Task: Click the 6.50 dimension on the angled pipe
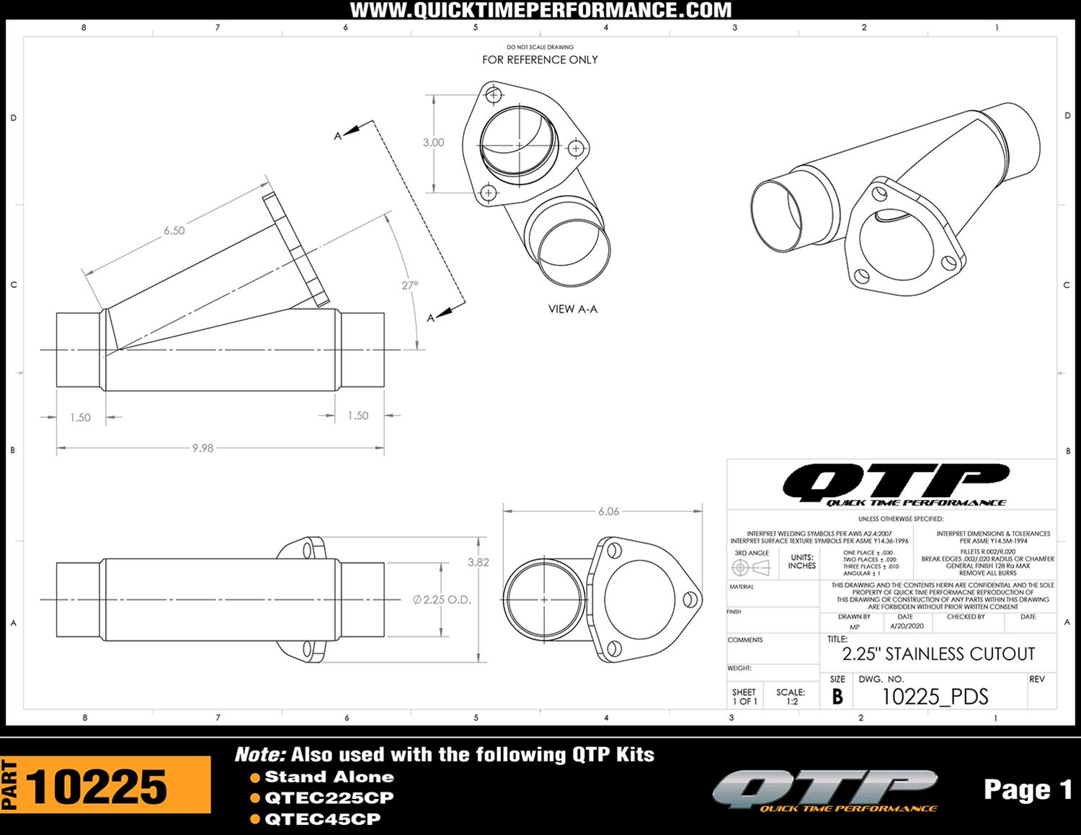[x=174, y=231]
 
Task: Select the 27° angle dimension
[x=409, y=285]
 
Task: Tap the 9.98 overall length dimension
[x=203, y=448]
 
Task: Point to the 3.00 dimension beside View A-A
[x=433, y=143]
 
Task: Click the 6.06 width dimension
[x=608, y=512]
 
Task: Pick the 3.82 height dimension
[x=479, y=563]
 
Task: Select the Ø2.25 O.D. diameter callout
[x=442, y=599]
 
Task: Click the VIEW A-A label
[x=572, y=309]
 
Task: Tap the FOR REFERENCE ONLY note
[x=540, y=60]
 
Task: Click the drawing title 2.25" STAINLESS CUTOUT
[x=938, y=654]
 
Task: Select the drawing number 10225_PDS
[x=935, y=696]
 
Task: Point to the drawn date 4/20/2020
[x=906, y=627]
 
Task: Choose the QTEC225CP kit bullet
[x=329, y=798]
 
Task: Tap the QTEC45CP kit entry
[x=321, y=819]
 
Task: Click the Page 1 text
[x=1028, y=790]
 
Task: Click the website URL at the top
[x=540, y=10]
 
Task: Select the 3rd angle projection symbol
[x=751, y=568]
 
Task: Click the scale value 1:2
[x=791, y=701]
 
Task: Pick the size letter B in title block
[x=837, y=697]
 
